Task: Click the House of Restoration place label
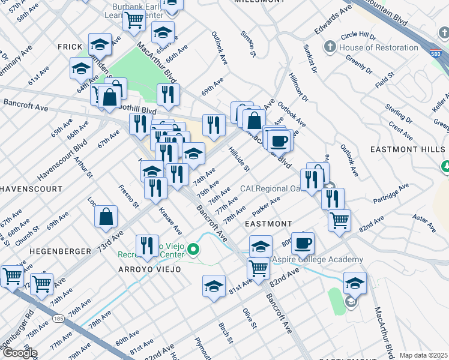coord(379,47)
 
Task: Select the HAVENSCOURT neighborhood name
coord(31,188)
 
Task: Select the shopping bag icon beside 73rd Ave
coord(106,218)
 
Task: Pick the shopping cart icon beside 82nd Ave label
coord(339,220)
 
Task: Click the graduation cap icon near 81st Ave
coord(214,286)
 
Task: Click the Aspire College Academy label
coord(318,259)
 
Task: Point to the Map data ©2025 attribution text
coord(423,355)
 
